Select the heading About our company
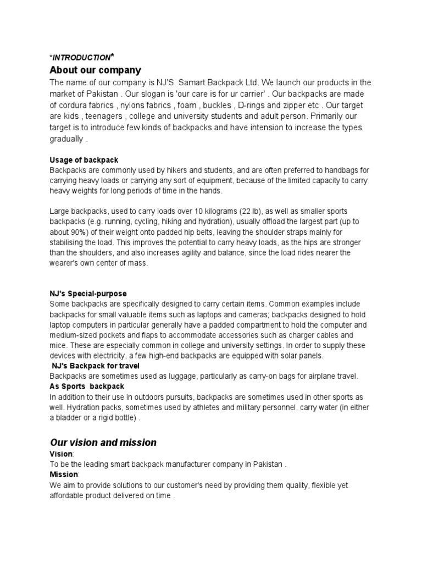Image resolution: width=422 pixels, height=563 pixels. (95, 70)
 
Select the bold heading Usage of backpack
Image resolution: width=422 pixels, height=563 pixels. (84, 160)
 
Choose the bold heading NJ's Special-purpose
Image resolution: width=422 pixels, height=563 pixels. (88, 294)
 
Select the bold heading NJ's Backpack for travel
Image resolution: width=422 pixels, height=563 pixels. (96, 366)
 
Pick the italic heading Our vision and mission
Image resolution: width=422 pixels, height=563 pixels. (103, 443)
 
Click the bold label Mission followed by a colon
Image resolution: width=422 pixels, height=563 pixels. (64, 474)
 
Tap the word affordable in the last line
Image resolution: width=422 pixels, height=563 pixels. (70, 495)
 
